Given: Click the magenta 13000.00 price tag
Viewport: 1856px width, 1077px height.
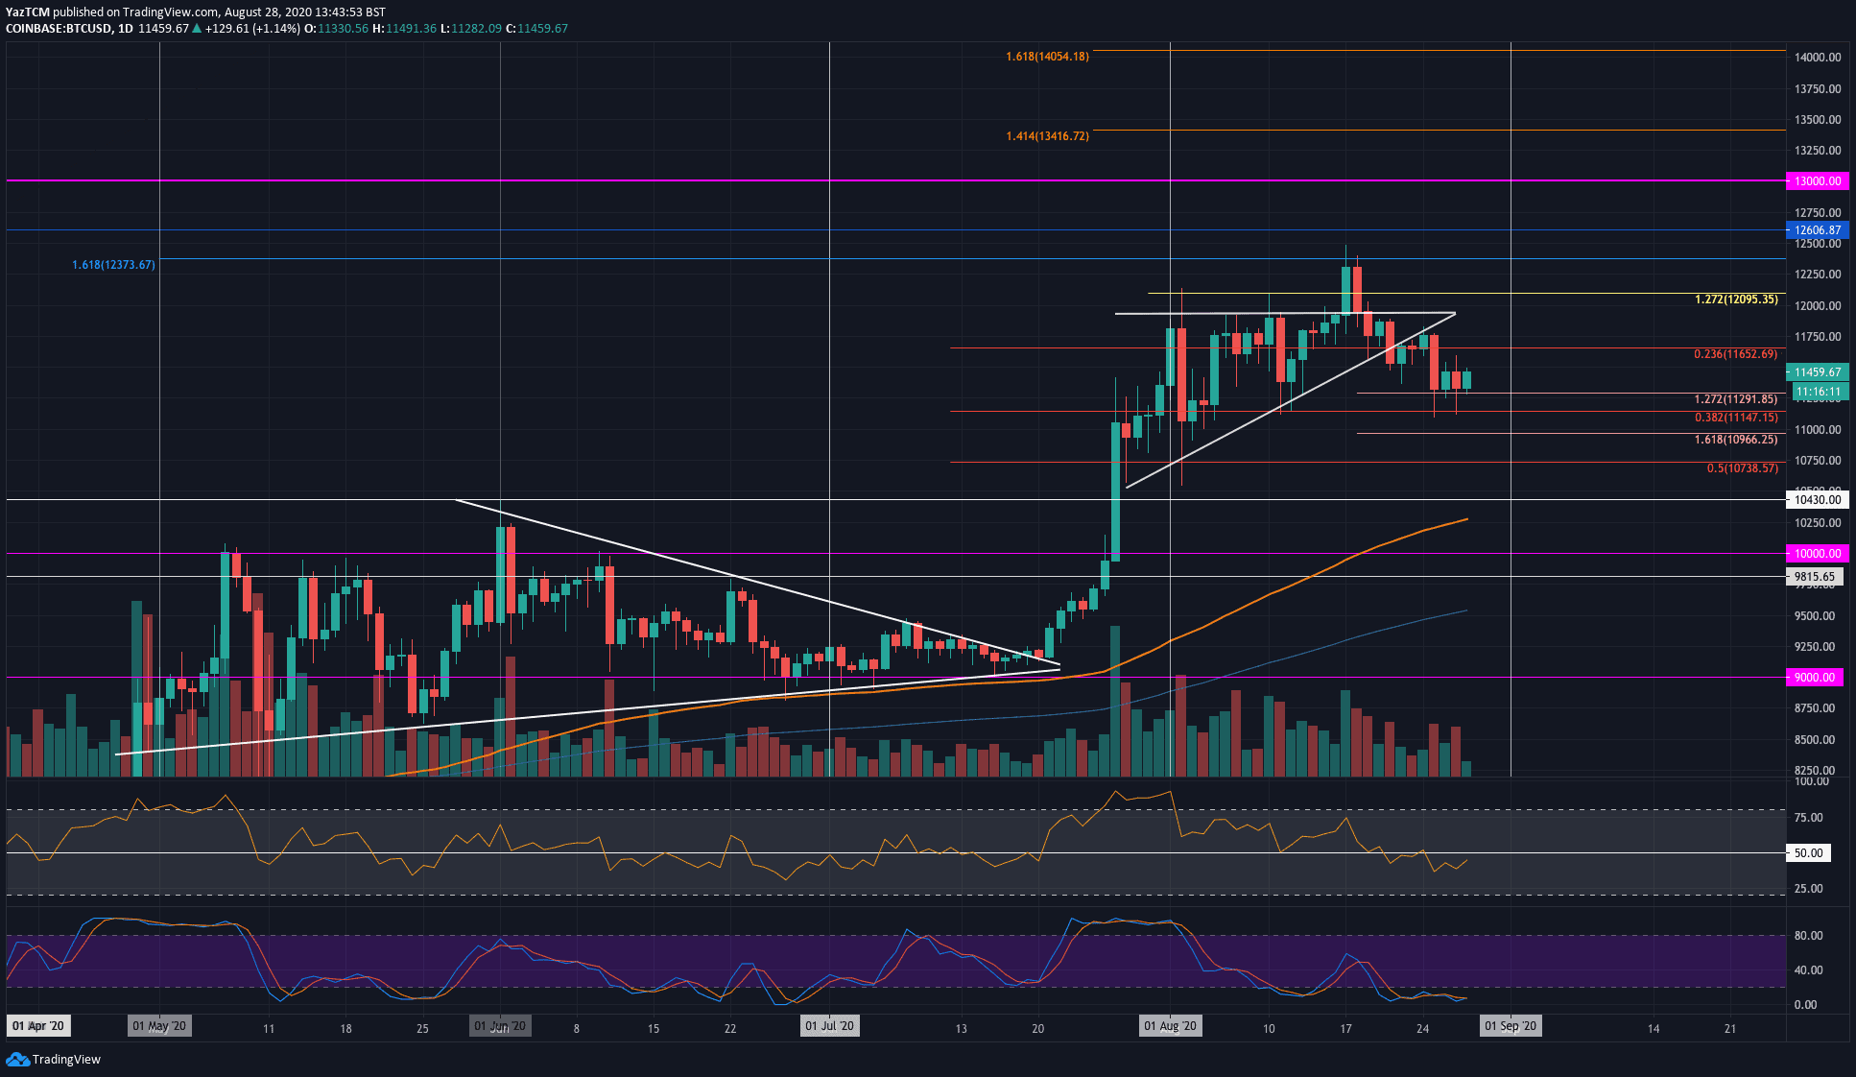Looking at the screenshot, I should click(1817, 180).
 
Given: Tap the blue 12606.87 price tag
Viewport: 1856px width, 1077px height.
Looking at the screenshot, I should click(1817, 230).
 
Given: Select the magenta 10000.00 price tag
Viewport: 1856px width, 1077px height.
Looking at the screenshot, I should click(1817, 553).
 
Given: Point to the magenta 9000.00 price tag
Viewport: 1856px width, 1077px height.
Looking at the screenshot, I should click(1814, 677).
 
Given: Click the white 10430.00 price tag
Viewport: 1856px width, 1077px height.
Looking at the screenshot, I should click(1817, 499).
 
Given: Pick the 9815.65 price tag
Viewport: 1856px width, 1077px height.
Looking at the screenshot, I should click(1814, 577).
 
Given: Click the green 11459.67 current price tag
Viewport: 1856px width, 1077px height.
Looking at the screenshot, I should click(1817, 371).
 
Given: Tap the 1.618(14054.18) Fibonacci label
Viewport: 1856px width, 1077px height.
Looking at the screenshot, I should click(1047, 57).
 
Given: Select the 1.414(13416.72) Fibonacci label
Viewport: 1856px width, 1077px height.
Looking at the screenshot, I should click(1047, 136).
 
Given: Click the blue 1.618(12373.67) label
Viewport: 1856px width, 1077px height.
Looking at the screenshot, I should click(113, 265).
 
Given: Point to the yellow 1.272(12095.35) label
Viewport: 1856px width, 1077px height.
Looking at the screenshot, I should click(1736, 299).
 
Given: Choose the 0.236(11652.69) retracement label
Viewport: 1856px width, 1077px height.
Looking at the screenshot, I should click(1735, 354).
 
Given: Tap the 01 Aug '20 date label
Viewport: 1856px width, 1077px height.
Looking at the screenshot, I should click(1170, 1026).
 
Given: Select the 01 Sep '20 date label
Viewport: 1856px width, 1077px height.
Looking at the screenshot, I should click(1510, 1026).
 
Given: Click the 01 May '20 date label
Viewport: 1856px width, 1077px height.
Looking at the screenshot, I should click(160, 1026).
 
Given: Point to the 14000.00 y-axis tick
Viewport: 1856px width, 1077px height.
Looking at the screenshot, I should click(1817, 58).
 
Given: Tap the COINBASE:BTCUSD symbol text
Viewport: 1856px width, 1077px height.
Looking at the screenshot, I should click(58, 29).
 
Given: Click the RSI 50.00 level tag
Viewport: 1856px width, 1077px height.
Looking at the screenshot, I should click(1808, 852).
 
